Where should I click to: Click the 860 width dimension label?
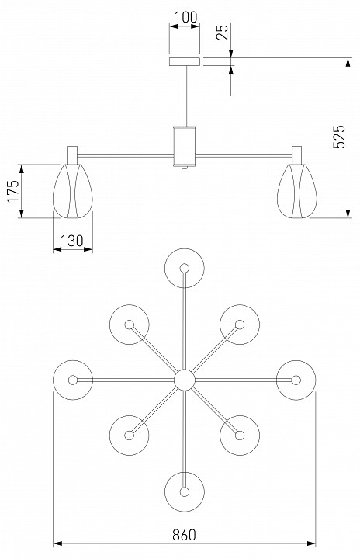tap(185, 535)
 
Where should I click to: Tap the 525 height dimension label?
tap(339, 137)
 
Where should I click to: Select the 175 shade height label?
tap(13, 191)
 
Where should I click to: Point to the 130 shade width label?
tap(71, 241)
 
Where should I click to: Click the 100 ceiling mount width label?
tap(185, 17)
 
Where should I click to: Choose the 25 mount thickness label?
tap(223, 32)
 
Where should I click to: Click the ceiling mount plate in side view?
tap(185, 61)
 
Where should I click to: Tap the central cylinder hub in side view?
tap(185, 146)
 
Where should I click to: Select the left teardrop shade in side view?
tap(73, 191)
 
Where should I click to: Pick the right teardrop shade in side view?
tap(297, 191)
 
